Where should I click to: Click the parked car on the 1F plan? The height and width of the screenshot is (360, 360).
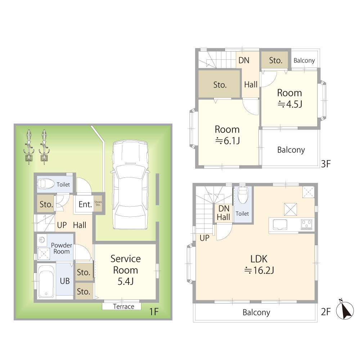[x=130, y=185]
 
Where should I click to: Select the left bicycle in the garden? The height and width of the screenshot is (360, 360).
[x=29, y=147]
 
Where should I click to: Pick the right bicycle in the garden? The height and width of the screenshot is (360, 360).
[x=44, y=147]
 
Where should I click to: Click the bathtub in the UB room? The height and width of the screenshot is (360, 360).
[x=46, y=281]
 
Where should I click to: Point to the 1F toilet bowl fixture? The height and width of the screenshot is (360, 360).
[x=46, y=184]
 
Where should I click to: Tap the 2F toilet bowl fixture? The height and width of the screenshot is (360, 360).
[x=242, y=195]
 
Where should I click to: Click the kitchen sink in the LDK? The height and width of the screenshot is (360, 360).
[x=280, y=224]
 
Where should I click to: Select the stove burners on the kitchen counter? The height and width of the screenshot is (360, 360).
[x=307, y=224]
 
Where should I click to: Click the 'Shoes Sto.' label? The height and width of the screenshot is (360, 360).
[x=98, y=203]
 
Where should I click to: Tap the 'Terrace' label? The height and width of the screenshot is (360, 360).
[x=123, y=306]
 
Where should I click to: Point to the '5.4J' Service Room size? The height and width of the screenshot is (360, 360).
[x=126, y=281]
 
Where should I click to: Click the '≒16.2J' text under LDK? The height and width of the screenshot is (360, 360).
[x=259, y=270]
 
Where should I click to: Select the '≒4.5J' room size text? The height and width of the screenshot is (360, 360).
[x=290, y=104]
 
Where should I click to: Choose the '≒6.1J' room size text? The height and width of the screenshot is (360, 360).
[x=228, y=141]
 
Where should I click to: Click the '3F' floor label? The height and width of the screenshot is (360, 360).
[x=325, y=164]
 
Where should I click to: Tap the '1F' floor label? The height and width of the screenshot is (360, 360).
[x=154, y=311]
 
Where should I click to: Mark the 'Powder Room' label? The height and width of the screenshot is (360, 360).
[x=62, y=248]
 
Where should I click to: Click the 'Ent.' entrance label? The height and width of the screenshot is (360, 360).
[x=85, y=204]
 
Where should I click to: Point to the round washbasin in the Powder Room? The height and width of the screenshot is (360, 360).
[x=42, y=240]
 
